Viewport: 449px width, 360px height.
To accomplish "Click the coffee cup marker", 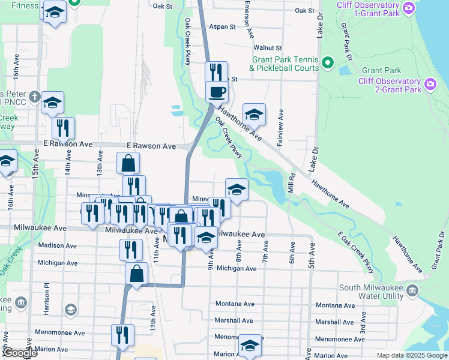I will click(217, 92).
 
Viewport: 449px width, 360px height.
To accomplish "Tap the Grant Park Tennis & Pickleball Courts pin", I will click(328, 62).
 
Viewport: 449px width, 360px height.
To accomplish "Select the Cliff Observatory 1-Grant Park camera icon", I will click(409, 8).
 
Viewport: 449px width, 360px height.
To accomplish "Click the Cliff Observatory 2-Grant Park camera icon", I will click(430, 84).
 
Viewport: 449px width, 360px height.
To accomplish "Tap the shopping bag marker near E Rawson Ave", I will click(128, 163).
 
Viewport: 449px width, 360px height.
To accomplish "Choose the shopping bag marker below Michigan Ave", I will click(137, 273).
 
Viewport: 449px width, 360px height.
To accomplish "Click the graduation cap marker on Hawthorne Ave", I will click(254, 114).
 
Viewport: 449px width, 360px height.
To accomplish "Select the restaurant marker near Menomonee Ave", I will click(122, 335).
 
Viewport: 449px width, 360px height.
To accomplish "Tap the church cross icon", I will click(35, 97).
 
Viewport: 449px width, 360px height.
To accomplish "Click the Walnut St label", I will click(267, 47).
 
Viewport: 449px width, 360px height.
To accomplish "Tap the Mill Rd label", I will click(291, 183).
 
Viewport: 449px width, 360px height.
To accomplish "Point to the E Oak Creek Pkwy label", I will click(357, 253).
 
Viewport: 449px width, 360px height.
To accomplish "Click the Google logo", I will click(20, 353).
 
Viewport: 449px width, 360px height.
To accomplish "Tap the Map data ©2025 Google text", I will click(411, 355).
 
